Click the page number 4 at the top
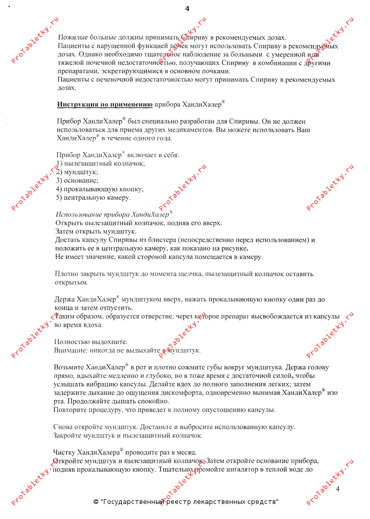(x=187, y=8)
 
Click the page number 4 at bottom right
(x=338, y=489)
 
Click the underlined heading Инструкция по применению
(x=104, y=104)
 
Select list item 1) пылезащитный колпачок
(x=100, y=163)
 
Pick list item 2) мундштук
(x=77, y=171)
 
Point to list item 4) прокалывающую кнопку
(x=100, y=188)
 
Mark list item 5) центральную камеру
(x=93, y=197)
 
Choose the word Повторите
(x=70, y=409)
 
